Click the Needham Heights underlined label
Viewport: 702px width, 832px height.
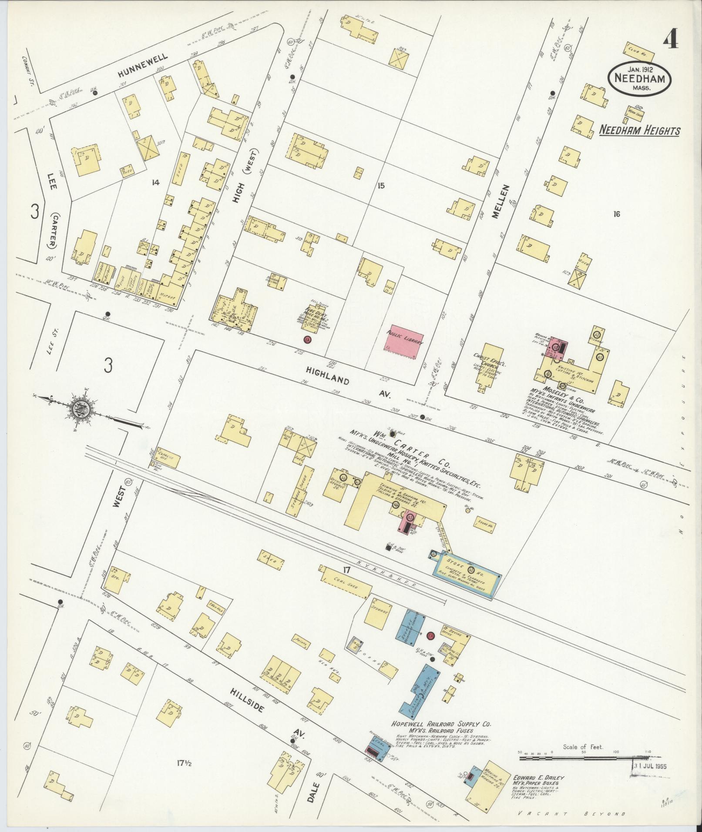pos(639,130)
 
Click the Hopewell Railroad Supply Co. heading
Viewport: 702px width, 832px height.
pos(441,724)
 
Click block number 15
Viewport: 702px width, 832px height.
pos(381,186)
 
